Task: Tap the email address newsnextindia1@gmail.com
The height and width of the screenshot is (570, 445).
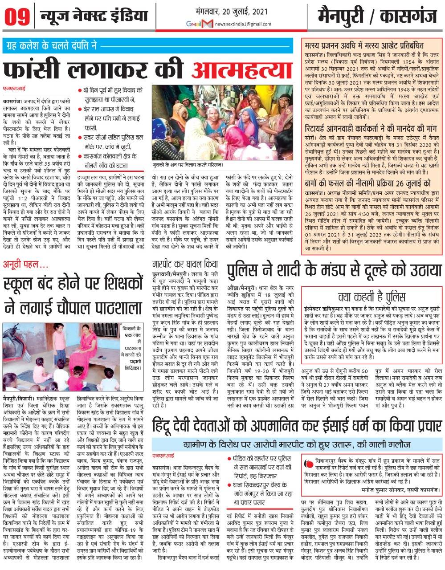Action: [242, 23]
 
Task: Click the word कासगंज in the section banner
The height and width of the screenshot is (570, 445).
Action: [407, 16]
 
